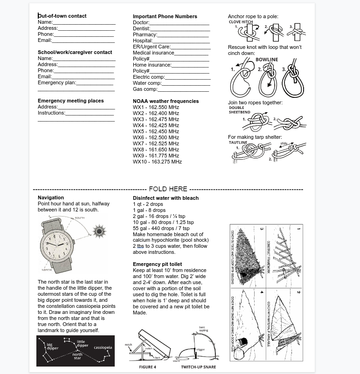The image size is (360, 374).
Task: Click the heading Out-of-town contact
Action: pos(62,16)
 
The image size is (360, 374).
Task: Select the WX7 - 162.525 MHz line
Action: pos(156,143)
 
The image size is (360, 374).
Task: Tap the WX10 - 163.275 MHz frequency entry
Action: pos(157,162)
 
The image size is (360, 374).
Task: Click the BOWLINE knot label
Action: pos(267,60)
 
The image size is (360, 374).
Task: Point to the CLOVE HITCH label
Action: pos(241,22)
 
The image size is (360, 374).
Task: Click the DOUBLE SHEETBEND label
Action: pos(236,110)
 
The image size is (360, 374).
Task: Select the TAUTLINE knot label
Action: pos(238,143)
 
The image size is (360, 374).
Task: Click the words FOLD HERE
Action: pos(168,189)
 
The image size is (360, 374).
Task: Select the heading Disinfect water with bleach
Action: pos(166,198)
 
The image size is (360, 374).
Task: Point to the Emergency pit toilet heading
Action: pos(157,265)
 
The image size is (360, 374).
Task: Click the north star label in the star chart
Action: pos(77,356)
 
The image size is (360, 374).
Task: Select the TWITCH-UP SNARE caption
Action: pos(198,367)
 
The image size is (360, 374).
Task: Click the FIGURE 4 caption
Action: pos(147,367)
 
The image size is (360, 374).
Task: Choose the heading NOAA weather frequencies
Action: pos(166,101)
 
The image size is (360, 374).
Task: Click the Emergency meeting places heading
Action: pos(70,101)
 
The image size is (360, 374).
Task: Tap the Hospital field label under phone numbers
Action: pos(143,41)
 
